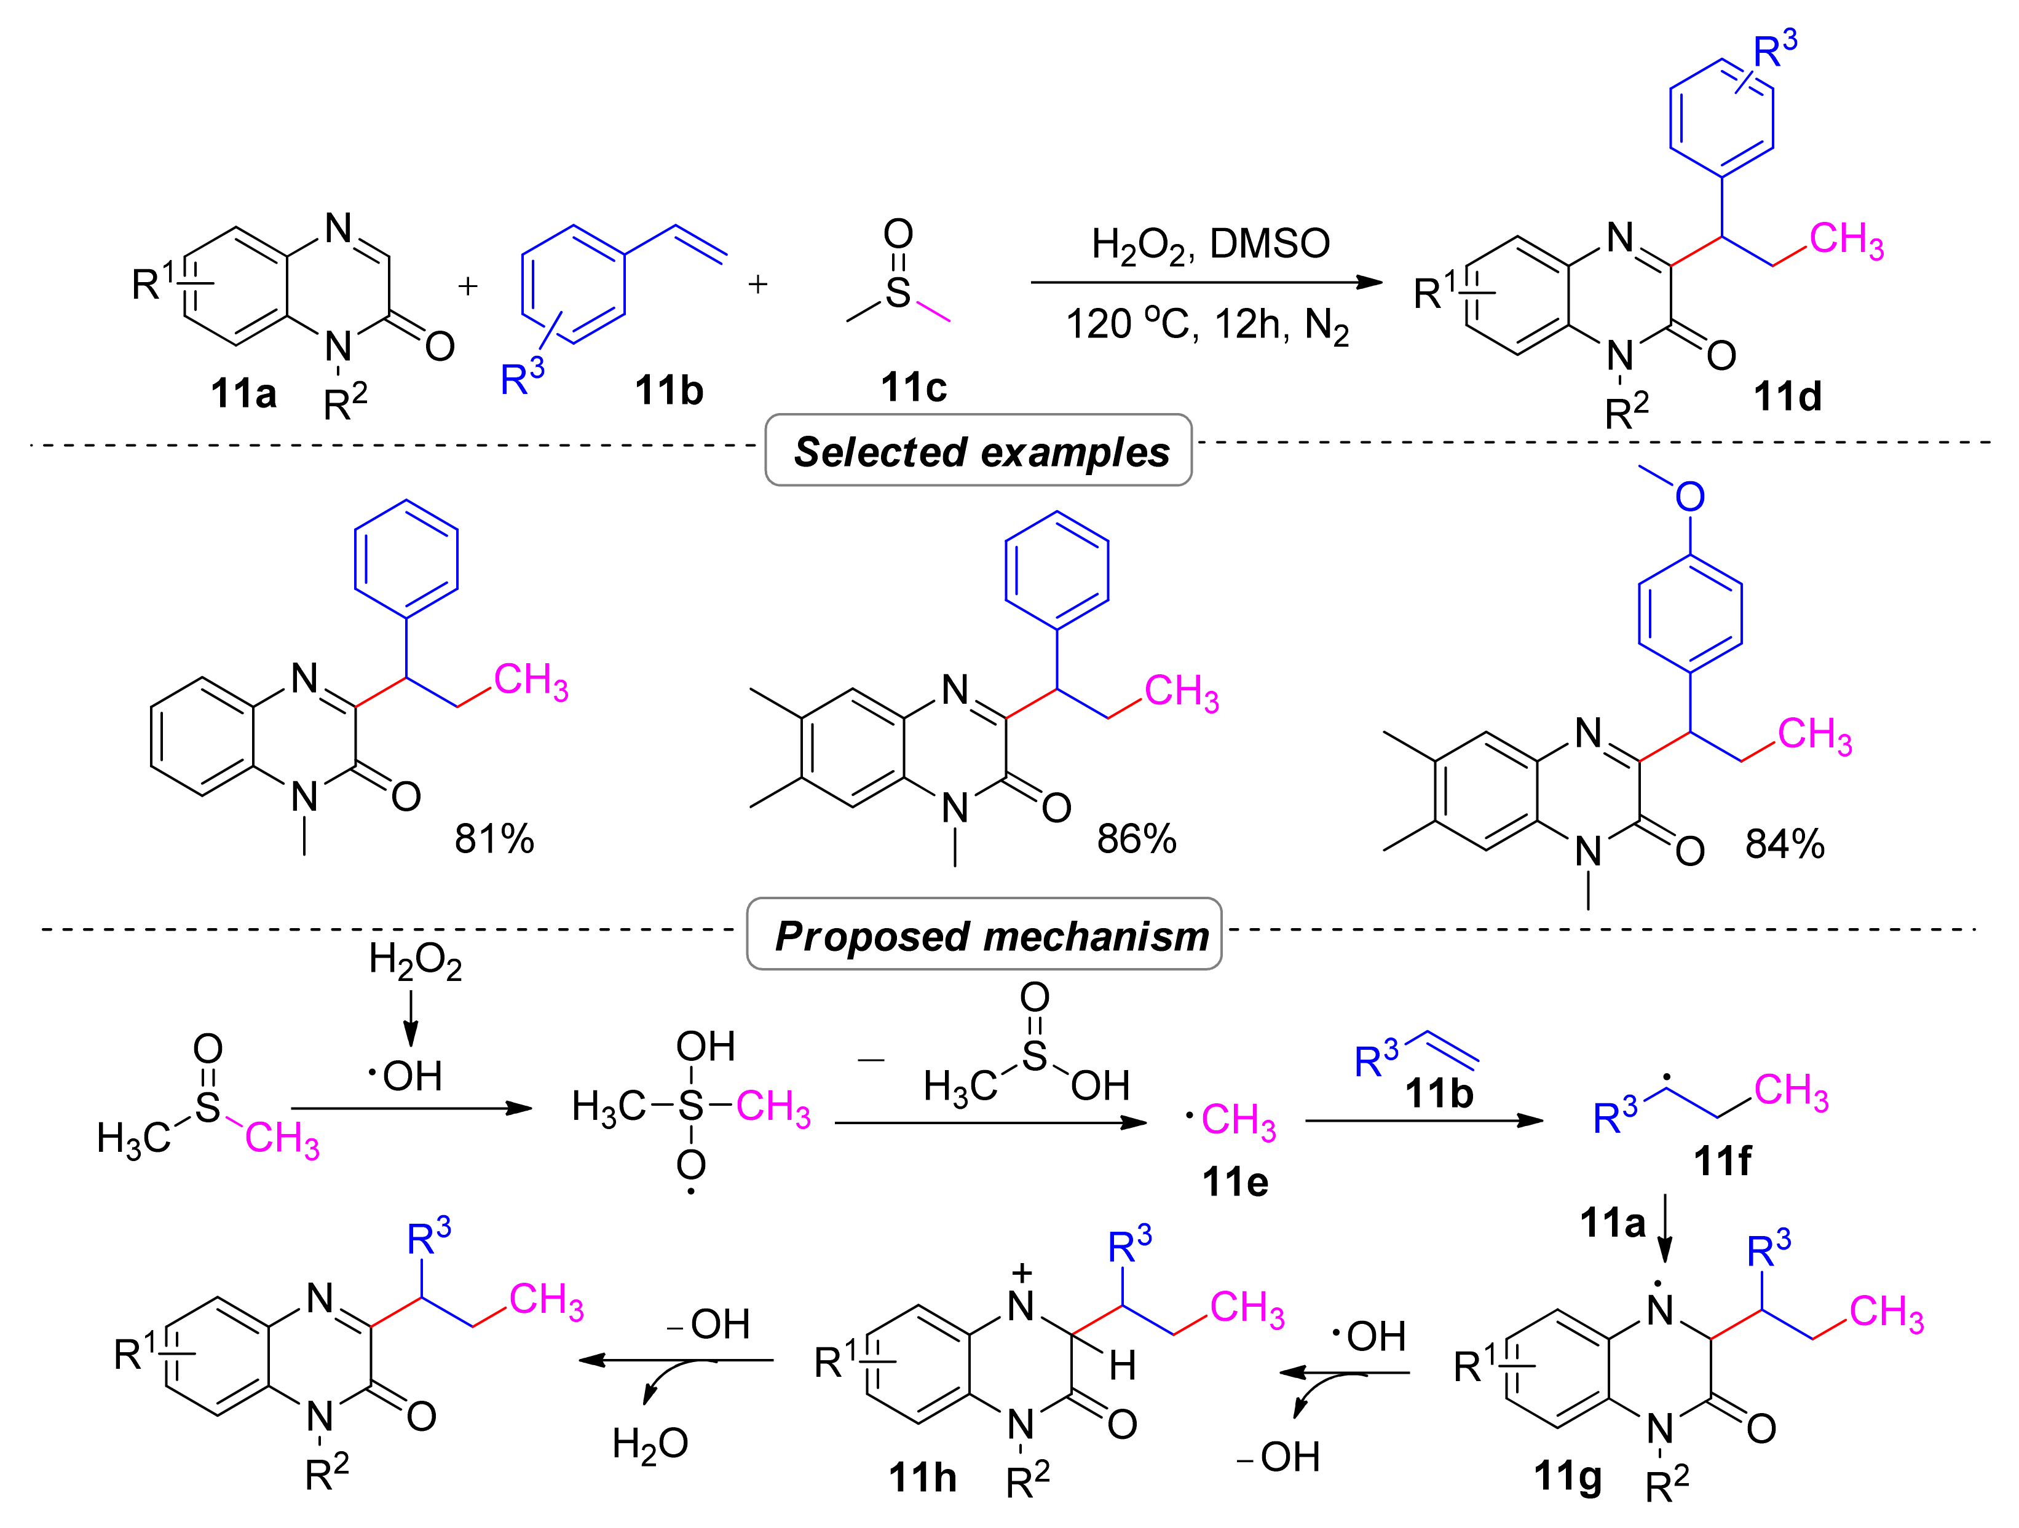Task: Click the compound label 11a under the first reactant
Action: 243,393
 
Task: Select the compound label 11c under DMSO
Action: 914,388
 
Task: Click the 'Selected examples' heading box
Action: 979,451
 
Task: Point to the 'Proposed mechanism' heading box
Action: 984,935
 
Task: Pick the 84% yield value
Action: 1784,845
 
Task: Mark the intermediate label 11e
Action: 1235,1182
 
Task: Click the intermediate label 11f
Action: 1722,1161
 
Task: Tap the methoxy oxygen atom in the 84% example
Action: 1689,497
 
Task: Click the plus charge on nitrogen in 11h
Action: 1022,1272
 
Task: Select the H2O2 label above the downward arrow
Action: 416,961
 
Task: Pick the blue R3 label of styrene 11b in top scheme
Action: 522,376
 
